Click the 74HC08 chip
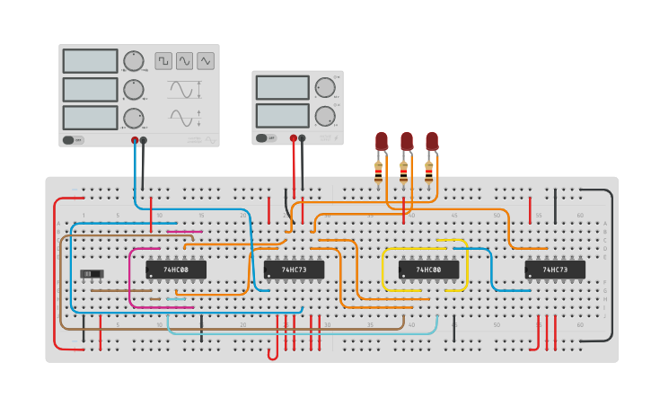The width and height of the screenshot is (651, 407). pos(176,270)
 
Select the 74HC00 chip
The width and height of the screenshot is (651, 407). pos(428,270)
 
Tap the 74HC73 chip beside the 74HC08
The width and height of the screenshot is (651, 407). pos(294,270)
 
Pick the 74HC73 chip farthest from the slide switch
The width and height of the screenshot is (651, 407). pos(555,270)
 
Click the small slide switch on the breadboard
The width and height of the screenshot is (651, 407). pos(92,273)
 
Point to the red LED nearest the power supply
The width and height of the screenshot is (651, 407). pos(382,141)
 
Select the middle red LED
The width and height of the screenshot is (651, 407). pos(407,141)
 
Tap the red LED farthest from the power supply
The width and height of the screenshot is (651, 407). pos(432,141)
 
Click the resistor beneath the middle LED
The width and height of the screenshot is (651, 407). pos(403,168)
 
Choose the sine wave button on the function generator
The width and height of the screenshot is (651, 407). pos(184,61)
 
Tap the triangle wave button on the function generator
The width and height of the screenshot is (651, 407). pos(206,61)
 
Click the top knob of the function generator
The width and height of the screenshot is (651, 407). pos(134,61)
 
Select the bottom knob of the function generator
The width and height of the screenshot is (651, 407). pos(134,118)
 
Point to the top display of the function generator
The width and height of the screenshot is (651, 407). pos(90,61)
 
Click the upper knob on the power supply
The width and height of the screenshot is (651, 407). pos(324,87)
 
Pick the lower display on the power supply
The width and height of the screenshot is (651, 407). pos(282,116)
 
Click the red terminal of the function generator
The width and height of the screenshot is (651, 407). pos(135,140)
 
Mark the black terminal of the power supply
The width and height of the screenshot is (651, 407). pos(302,138)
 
